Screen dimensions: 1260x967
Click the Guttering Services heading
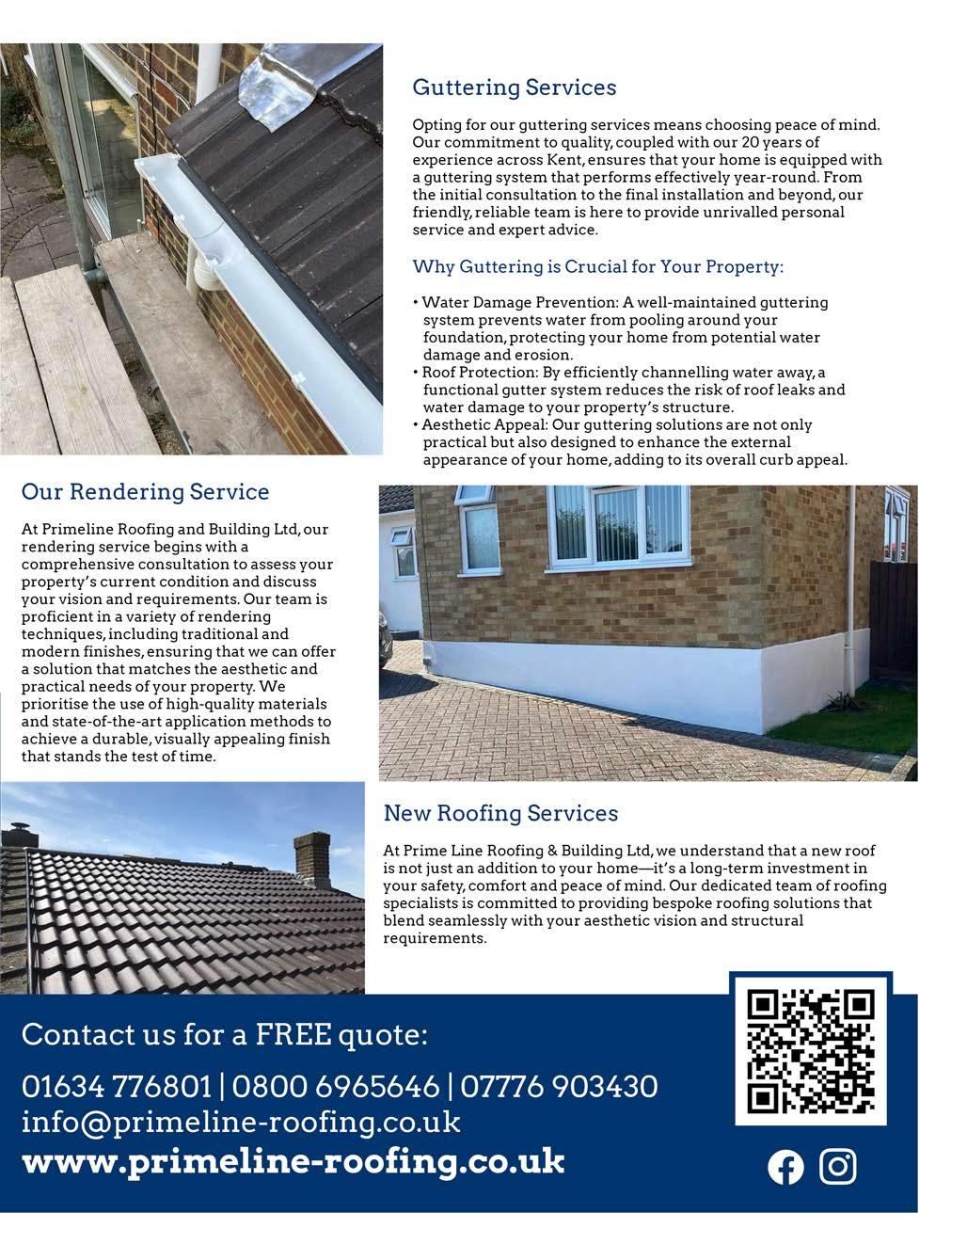(x=515, y=88)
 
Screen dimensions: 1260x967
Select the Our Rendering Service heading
(x=145, y=492)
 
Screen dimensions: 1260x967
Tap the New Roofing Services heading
(x=500, y=813)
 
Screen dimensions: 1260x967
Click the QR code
(x=811, y=1049)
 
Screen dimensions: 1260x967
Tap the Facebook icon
(x=785, y=1168)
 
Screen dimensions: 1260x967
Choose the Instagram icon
(x=838, y=1167)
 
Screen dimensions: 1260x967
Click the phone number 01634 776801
(x=117, y=1087)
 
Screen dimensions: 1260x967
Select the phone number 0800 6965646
(x=335, y=1087)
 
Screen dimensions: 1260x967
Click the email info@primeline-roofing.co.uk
(x=241, y=1123)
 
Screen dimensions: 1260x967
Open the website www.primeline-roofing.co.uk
(x=293, y=1160)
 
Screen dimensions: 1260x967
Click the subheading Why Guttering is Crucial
(x=597, y=267)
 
